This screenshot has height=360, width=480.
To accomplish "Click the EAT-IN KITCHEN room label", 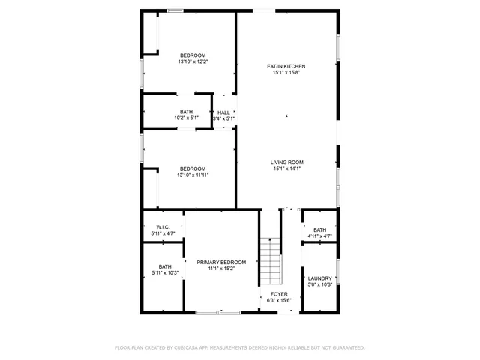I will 286,66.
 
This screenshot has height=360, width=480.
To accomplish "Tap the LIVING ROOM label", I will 286,163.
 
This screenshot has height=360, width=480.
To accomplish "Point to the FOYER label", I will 278,294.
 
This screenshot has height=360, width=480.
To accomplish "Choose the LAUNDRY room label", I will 320,278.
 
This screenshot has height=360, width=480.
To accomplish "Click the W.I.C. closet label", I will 163,228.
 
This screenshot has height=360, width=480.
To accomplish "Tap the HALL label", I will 223,112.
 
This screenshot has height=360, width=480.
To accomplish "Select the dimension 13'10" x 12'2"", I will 193,61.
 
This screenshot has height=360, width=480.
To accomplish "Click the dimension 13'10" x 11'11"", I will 193,175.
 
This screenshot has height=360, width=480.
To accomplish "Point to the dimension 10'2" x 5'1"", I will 186,118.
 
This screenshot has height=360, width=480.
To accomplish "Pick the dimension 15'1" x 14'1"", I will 286,169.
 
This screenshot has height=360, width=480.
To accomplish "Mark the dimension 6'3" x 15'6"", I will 278,300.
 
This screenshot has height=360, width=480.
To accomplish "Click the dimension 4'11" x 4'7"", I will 320,236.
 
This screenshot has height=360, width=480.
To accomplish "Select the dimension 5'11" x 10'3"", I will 164,272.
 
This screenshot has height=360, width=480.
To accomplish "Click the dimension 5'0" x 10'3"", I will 320,284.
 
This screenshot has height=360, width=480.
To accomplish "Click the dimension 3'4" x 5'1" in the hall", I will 223,118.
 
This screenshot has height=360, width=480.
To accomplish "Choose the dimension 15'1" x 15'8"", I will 286,73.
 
